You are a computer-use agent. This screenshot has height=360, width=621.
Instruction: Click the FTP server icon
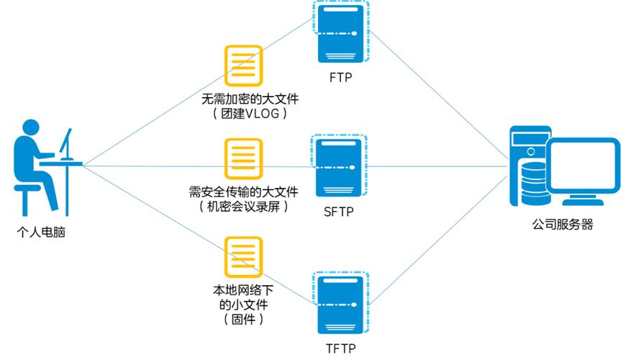click(341, 32)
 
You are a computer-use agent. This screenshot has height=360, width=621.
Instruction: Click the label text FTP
click(340, 77)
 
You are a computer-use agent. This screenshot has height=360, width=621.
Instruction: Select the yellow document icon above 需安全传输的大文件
click(243, 158)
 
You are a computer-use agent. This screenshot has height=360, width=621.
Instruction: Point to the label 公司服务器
click(563, 224)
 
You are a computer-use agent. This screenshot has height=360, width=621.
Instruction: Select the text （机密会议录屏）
click(243, 207)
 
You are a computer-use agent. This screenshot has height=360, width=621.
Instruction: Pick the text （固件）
click(243, 318)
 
